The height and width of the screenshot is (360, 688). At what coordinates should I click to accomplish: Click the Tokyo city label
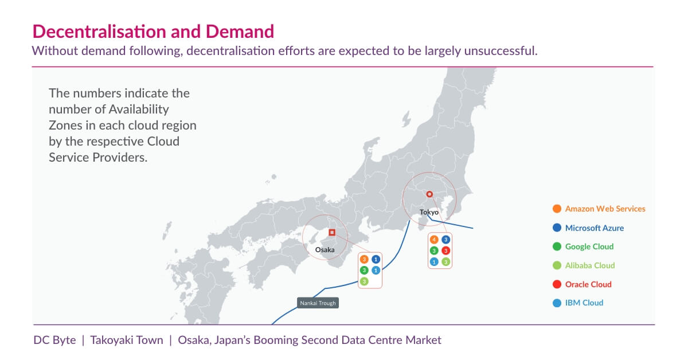point(429,213)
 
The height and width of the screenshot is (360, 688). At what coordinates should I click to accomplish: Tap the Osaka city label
point(325,250)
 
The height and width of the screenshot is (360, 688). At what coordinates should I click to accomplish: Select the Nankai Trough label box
point(318,303)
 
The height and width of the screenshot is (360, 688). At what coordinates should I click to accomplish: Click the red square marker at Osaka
point(332,232)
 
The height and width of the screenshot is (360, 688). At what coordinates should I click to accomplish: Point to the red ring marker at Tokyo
point(429,194)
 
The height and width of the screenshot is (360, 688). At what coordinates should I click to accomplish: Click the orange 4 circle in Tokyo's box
point(434,239)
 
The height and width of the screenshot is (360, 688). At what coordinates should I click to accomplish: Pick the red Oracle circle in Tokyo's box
point(446,251)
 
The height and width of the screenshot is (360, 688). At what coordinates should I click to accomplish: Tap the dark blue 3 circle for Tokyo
point(446,239)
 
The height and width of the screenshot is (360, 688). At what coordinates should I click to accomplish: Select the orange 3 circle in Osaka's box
point(364,260)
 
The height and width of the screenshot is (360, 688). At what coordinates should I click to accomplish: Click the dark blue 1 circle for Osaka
point(376,260)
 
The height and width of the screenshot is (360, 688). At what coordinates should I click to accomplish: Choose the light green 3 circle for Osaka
point(364,281)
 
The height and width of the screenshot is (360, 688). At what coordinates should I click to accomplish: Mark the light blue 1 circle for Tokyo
point(434,262)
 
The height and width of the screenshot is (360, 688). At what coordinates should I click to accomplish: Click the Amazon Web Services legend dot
point(557,209)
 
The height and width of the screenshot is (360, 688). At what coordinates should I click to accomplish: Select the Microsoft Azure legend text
point(595,228)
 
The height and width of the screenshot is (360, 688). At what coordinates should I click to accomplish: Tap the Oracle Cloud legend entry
point(588,284)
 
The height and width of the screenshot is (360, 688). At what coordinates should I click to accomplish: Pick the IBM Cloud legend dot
point(557,303)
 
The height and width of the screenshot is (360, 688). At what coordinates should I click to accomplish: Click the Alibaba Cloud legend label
point(590,265)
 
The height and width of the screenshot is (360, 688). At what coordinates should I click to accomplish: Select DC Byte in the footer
point(54,340)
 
